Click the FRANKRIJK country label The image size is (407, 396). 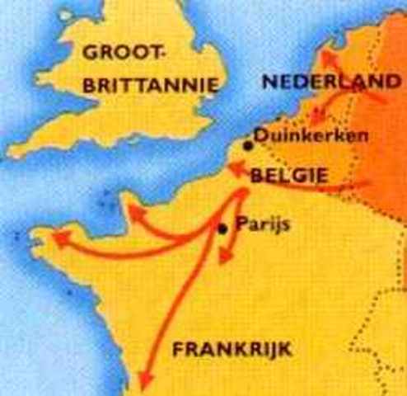pyautogui.click(x=232, y=351)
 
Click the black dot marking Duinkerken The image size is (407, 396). pyautogui.click(x=248, y=146)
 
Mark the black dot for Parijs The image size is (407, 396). pyautogui.click(x=222, y=229)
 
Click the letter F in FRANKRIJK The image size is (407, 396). pyautogui.click(x=177, y=351)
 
